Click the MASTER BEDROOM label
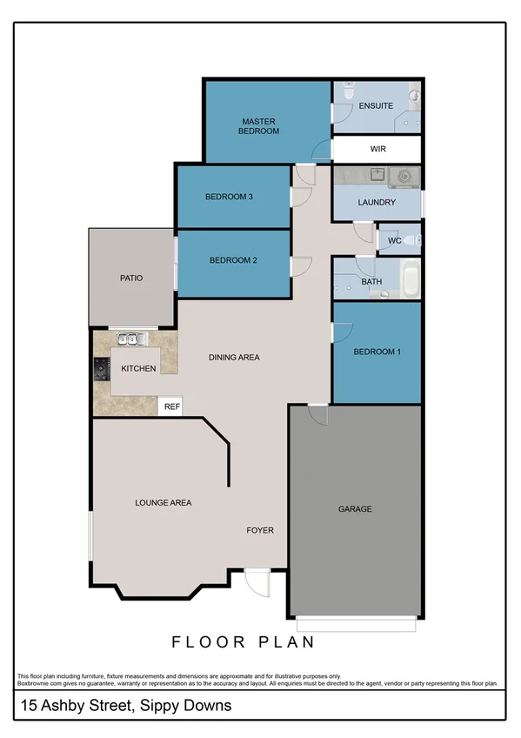260,126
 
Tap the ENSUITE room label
377,106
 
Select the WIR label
377,149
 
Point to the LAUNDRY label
377,203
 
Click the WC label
393,240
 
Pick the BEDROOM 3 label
229,197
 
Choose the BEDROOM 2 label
233,259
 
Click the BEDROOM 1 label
377,352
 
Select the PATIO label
131,278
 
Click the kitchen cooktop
101,369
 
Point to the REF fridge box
171,406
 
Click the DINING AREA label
234,358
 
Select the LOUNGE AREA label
163,503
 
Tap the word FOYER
260,529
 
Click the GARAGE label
355,509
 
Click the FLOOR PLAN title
243,642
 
